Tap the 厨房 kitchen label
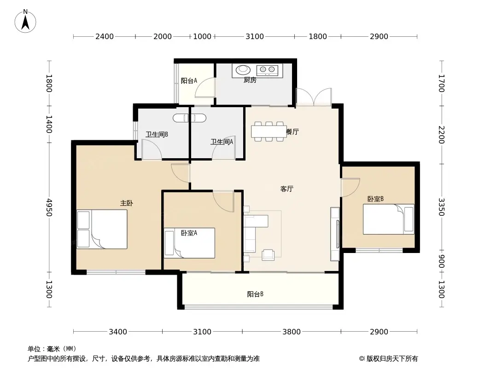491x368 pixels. pyautogui.click(x=250, y=80)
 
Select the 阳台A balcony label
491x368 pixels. pyautogui.click(x=189, y=80)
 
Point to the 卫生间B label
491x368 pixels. pyautogui.click(x=157, y=134)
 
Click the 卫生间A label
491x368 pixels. pyautogui.click(x=222, y=142)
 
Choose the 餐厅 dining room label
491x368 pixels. pyautogui.click(x=292, y=132)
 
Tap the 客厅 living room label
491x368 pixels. pyautogui.click(x=287, y=189)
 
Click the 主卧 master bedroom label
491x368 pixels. pyautogui.click(x=127, y=203)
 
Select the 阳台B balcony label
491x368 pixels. pyautogui.click(x=255, y=294)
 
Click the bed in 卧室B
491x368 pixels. pyautogui.click(x=389, y=219)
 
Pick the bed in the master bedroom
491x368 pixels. pyautogui.click(x=102, y=229)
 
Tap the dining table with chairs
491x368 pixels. pyautogui.click(x=269, y=132)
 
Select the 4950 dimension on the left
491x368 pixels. pyautogui.click(x=49, y=207)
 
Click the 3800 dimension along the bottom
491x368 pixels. pyautogui.click(x=292, y=332)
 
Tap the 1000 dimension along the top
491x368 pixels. pyautogui.click(x=202, y=37)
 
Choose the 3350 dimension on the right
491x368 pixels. pyautogui.click(x=441, y=207)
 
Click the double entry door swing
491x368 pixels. pyautogui.click(x=314, y=97)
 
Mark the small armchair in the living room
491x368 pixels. pyautogui.click(x=268, y=255)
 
